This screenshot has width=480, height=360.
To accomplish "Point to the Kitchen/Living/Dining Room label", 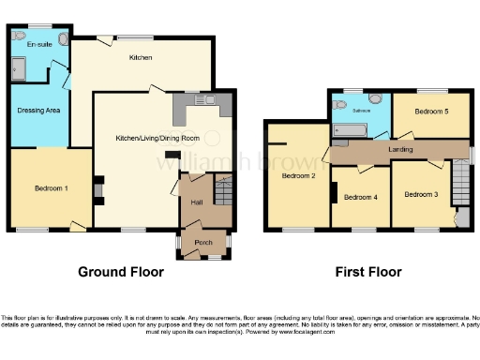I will (157, 138).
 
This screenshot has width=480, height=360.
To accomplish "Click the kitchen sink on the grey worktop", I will (204, 99).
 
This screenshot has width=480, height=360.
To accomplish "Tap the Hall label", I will (197, 202).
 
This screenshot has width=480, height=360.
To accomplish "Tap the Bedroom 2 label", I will (298, 175).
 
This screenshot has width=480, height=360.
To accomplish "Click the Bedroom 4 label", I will (361, 197).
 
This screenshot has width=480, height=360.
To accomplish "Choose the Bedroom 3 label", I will (421, 194).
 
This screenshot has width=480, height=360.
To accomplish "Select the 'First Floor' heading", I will (368, 272).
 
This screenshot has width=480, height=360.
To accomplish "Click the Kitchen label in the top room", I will (141, 57).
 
